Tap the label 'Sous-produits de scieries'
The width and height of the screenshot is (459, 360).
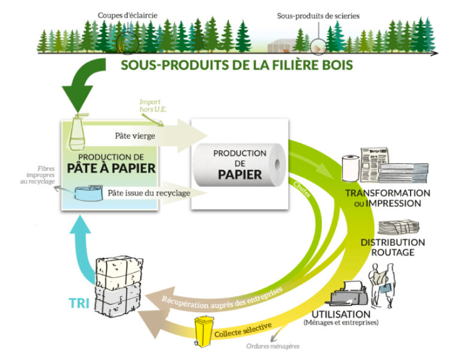pyautogui.click(x=318, y=15)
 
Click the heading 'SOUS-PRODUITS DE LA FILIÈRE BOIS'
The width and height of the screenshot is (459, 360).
pyautogui.click(x=237, y=65)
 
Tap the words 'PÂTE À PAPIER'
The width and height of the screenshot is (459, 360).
pyautogui.click(x=110, y=168)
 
